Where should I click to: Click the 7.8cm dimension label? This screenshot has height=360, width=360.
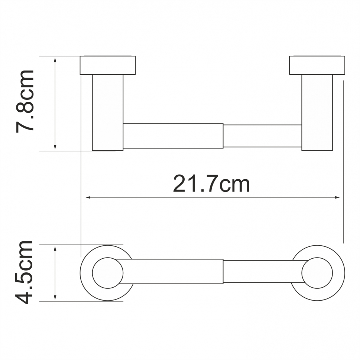pyautogui.click(x=25, y=101)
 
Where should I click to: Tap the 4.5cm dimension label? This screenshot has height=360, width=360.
pyautogui.click(x=25, y=272)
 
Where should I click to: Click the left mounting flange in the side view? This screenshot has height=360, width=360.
pyautogui.click(x=108, y=65)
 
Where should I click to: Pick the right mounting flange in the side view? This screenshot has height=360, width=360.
pyautogui.click(x=317, y=65)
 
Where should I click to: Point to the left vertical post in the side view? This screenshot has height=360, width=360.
pyautogui.click(x=107, y=112)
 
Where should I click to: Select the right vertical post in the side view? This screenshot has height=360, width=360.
pyautogui.click(x=317, y=112)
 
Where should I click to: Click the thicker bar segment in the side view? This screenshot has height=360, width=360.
pyautogui.click(x=173, y=136)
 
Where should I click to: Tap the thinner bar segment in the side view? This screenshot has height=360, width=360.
pyautogui.click(x=262, y=136)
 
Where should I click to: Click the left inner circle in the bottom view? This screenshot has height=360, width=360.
pyautogui.click(x=107, y=273)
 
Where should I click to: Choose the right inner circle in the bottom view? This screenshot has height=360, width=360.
pyautogui.click(x=317, y=273)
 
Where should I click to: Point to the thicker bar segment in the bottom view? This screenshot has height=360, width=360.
pyautogui.click(x=173, y=271)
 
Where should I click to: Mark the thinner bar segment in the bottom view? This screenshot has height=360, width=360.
pyautogui.click(x=262, y=271)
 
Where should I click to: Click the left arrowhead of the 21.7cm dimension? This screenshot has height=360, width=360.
pyautogui.click(x=88, y=197)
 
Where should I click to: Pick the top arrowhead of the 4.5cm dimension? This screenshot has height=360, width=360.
pyautogui.click(x=55, y=248)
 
